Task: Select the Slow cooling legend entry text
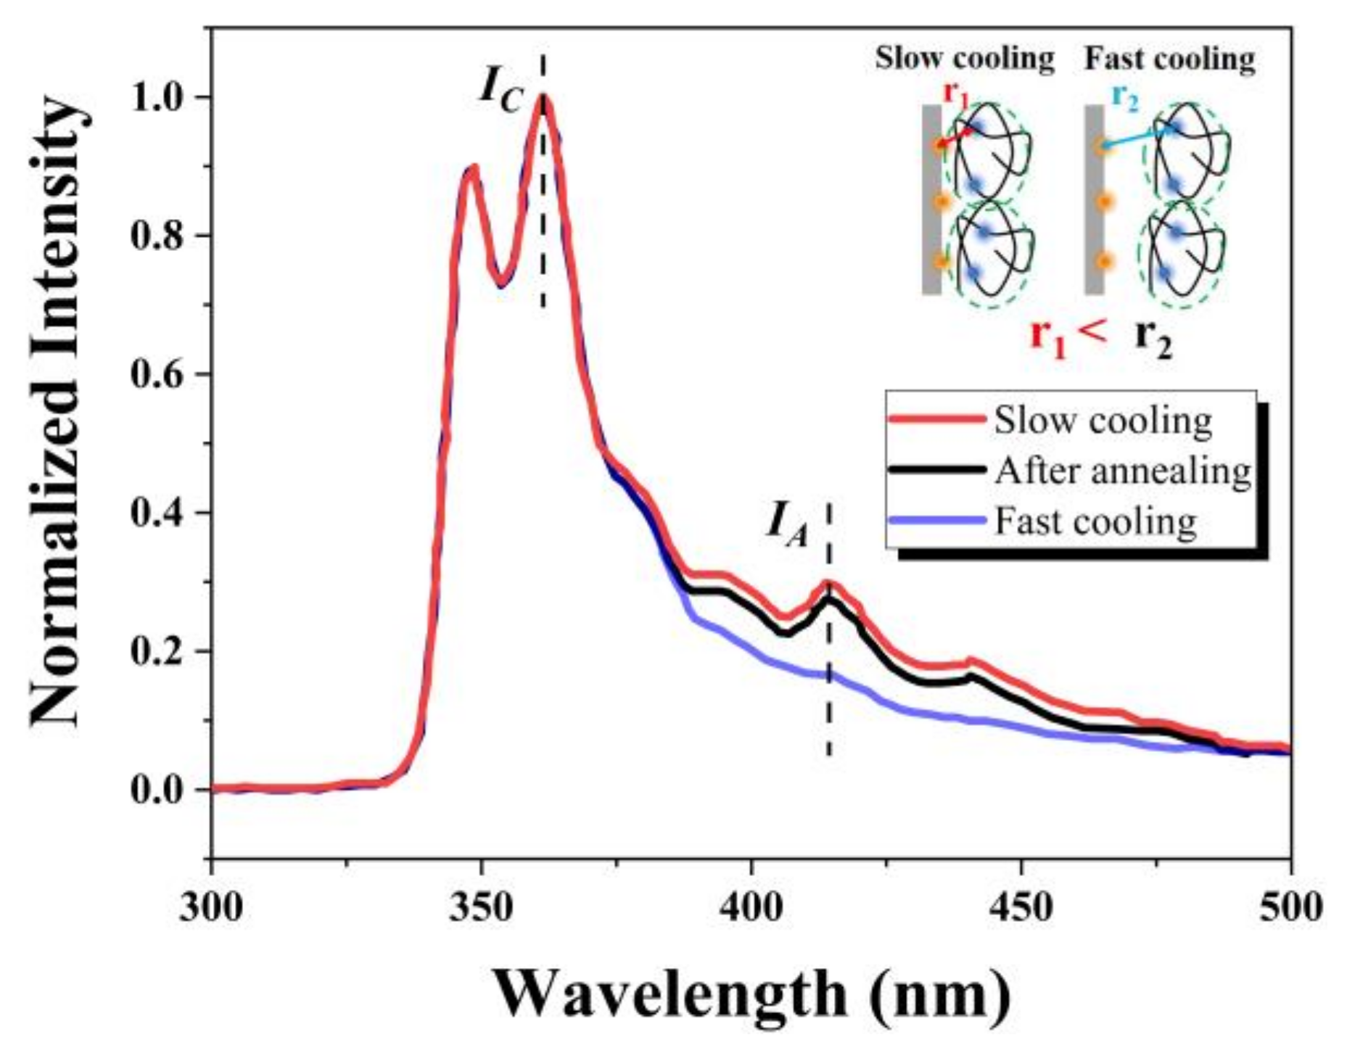[1103, 421]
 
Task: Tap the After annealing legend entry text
[1123, 471]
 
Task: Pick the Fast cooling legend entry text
[1095, 521]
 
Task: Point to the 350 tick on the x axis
[480, 907]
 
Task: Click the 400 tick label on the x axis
[751, 907]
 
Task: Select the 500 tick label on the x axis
[1289, 907]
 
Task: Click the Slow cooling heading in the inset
[964, 58]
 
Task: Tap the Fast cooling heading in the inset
[1169, 58]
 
